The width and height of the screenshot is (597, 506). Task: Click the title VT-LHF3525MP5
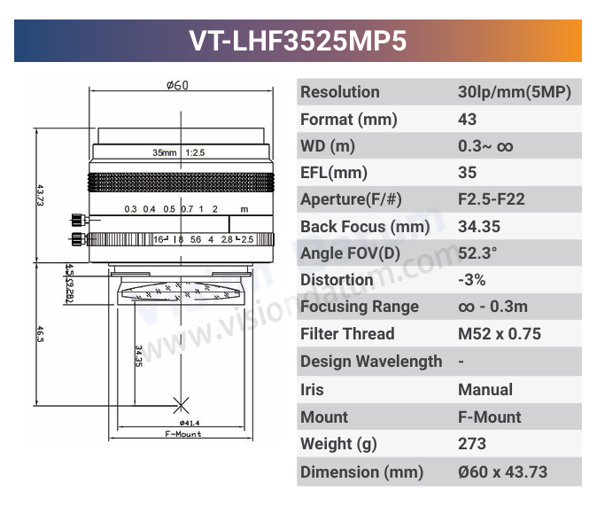coord(298,41)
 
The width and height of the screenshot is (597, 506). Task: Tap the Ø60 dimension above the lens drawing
coord(177,86)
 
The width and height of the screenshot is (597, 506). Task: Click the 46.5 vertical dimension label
coord(40,334)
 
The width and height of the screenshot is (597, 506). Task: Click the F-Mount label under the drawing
coord(183,434)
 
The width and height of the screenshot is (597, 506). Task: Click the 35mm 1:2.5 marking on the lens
coord(179,152)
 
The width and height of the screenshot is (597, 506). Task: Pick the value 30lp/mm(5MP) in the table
coord(515,92)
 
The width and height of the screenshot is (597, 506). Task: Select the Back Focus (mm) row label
coord(365,227)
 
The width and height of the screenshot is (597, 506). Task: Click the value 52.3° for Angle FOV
coord(477,253)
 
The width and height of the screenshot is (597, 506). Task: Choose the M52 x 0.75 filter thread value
coord(500,334)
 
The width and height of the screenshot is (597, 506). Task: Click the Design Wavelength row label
coord(371,362)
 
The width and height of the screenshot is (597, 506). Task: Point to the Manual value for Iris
coord(485,389)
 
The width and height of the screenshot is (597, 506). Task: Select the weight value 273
coord(472,444)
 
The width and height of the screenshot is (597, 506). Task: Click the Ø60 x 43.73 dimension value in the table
coord(502,471)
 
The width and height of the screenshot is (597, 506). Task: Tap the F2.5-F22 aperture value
coord(492,199)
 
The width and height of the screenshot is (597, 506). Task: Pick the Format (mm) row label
coord(349,120)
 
